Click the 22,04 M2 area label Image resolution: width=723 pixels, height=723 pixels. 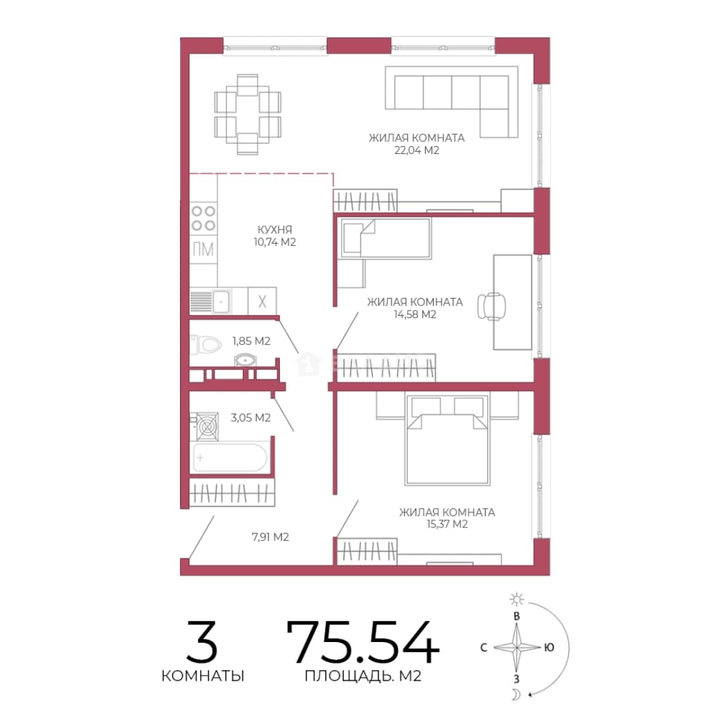pos(416,151)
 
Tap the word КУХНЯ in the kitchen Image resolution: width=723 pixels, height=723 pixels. pos(275,230)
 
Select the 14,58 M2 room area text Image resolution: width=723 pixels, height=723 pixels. pos(415,315)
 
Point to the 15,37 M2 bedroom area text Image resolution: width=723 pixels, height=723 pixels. pos(447,524)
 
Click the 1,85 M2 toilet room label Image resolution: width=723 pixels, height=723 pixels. pos(251,341)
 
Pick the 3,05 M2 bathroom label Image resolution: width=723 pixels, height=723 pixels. pos(250,418)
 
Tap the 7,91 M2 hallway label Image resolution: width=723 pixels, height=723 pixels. pos(270,537)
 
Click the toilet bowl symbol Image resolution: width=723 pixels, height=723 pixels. pos(206,344)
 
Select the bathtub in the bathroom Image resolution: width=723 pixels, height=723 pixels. pos(230,457)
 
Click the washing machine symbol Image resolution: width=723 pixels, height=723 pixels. pos(207,426)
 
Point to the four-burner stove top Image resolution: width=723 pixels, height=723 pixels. pos(204,218)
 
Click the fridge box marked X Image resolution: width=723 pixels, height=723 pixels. pos(262,301)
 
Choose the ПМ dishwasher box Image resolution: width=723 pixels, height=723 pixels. pos(204,250)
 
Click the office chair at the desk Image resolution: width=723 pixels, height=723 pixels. pos(491,306)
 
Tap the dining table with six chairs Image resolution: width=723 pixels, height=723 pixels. pos(248,114)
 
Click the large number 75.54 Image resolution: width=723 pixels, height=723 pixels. pos(362,642)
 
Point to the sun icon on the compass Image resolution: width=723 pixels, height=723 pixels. pos(516,599)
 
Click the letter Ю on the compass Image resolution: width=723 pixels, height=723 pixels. pos(549,647)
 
